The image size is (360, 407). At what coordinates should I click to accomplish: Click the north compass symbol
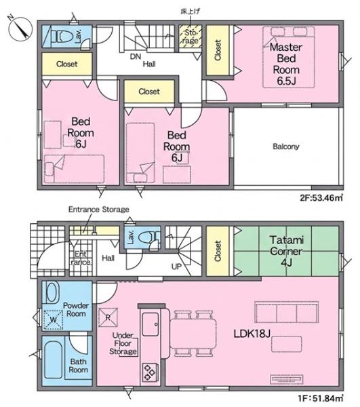pos(20,28)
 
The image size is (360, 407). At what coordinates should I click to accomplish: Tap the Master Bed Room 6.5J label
pos(286,64)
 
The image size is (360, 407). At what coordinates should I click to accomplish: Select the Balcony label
pos(286,147)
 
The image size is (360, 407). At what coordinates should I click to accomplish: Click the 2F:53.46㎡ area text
pos(321,198)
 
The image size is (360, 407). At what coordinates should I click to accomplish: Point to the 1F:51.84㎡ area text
pos(321,398)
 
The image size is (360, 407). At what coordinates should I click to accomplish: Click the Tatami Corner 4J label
pos(286,251)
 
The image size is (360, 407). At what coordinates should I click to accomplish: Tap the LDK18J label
pos(252,334)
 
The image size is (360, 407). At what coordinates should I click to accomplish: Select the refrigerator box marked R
pos(108,317)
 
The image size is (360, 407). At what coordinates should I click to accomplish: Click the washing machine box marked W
pos(53,319)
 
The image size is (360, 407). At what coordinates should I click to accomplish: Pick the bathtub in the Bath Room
pos(53,360)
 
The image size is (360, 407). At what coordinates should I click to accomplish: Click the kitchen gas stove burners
pos(150,372)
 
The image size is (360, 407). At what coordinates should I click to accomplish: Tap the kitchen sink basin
pos(151,324)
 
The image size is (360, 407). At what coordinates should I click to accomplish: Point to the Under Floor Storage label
pos(123,343)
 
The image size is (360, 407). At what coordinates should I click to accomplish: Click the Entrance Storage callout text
pos(99,210)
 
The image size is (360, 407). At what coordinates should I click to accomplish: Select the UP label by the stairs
pos(176,267)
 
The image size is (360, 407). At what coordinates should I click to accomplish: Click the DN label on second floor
pos(136,56)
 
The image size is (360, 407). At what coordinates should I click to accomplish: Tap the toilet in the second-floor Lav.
pos(62,37)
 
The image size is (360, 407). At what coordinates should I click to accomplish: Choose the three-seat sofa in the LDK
pos(287,312)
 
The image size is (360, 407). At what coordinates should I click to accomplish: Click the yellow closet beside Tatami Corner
pos(218,251)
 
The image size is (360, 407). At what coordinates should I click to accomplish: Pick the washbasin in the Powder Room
pos(52,292)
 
